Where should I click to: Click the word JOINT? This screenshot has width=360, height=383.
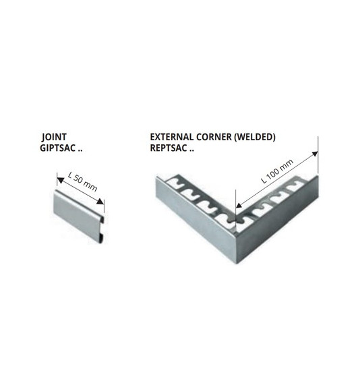click(54, 137)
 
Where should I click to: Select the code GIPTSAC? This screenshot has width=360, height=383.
click(57, 148)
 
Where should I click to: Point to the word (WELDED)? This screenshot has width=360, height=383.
click(255, 137)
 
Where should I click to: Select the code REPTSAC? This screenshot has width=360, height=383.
click(169, 148)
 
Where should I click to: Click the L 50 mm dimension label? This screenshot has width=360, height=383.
click(82, 181)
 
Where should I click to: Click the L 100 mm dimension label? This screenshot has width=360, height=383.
click(277, 171)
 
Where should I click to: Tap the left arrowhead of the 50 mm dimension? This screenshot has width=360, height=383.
click(60, 180)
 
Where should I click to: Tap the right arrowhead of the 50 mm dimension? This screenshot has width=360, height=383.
click(100, 202)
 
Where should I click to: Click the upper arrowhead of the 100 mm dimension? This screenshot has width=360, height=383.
click(315, 154)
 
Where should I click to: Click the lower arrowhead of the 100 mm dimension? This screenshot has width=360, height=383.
click(239, 205)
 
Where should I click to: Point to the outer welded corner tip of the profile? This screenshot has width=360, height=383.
click(237, 263)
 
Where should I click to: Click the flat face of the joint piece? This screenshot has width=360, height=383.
click(78, 215)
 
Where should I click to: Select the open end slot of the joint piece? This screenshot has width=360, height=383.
click(102, 230)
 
